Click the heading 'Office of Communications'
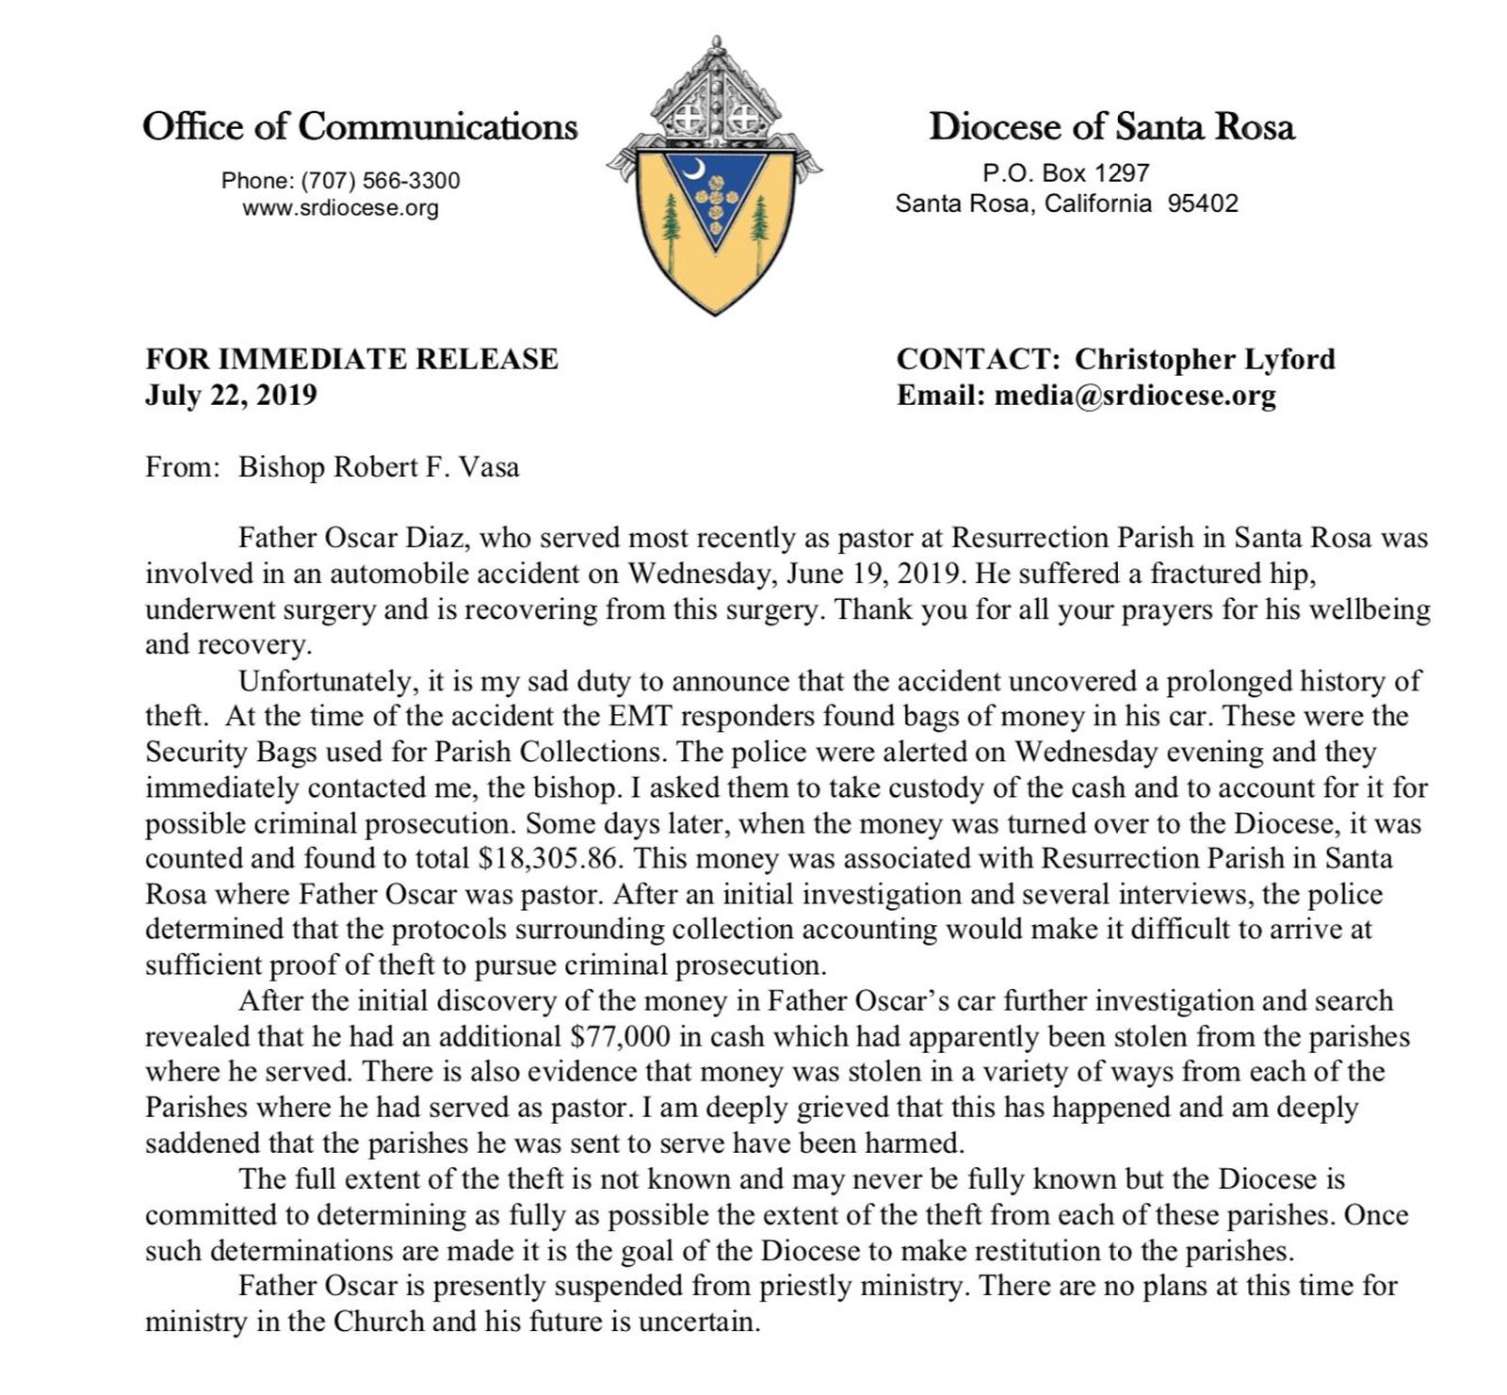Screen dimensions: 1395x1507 (x=360, y=126)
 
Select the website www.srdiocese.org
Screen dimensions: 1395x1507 (x=341, y=208)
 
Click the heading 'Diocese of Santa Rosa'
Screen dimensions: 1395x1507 (x=1111, y=126)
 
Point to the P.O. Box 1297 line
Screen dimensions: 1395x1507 (x=1065, y=173)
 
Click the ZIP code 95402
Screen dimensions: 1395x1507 (x=1203, y=203)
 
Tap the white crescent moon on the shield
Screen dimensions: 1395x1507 (x=694, y=170)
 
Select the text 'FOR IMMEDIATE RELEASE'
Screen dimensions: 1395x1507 (x=351, y=359)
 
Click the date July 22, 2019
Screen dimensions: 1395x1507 (x=231, y=395)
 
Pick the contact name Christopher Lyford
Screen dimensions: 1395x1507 (x=1205, y=359)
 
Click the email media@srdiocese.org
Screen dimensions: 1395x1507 (x=1135, y=396)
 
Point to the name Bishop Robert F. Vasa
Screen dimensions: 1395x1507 (x=379, y=467)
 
